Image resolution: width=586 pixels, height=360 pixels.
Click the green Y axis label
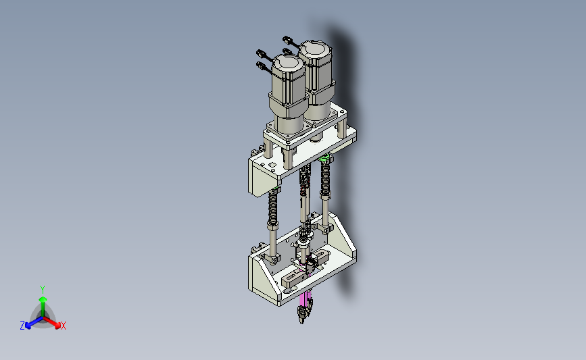[42, 290]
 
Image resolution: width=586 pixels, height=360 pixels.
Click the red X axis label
[63, 326]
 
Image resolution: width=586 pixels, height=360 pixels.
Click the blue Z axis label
[22, 326]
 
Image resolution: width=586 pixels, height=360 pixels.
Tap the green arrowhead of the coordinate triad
[43, 299]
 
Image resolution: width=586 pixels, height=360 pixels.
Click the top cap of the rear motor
[315, 49]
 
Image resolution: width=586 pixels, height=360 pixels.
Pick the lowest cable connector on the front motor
[262, 66]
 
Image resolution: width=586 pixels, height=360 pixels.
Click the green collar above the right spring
[324, 158]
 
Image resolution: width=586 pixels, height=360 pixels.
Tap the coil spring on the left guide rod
[273, 207]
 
